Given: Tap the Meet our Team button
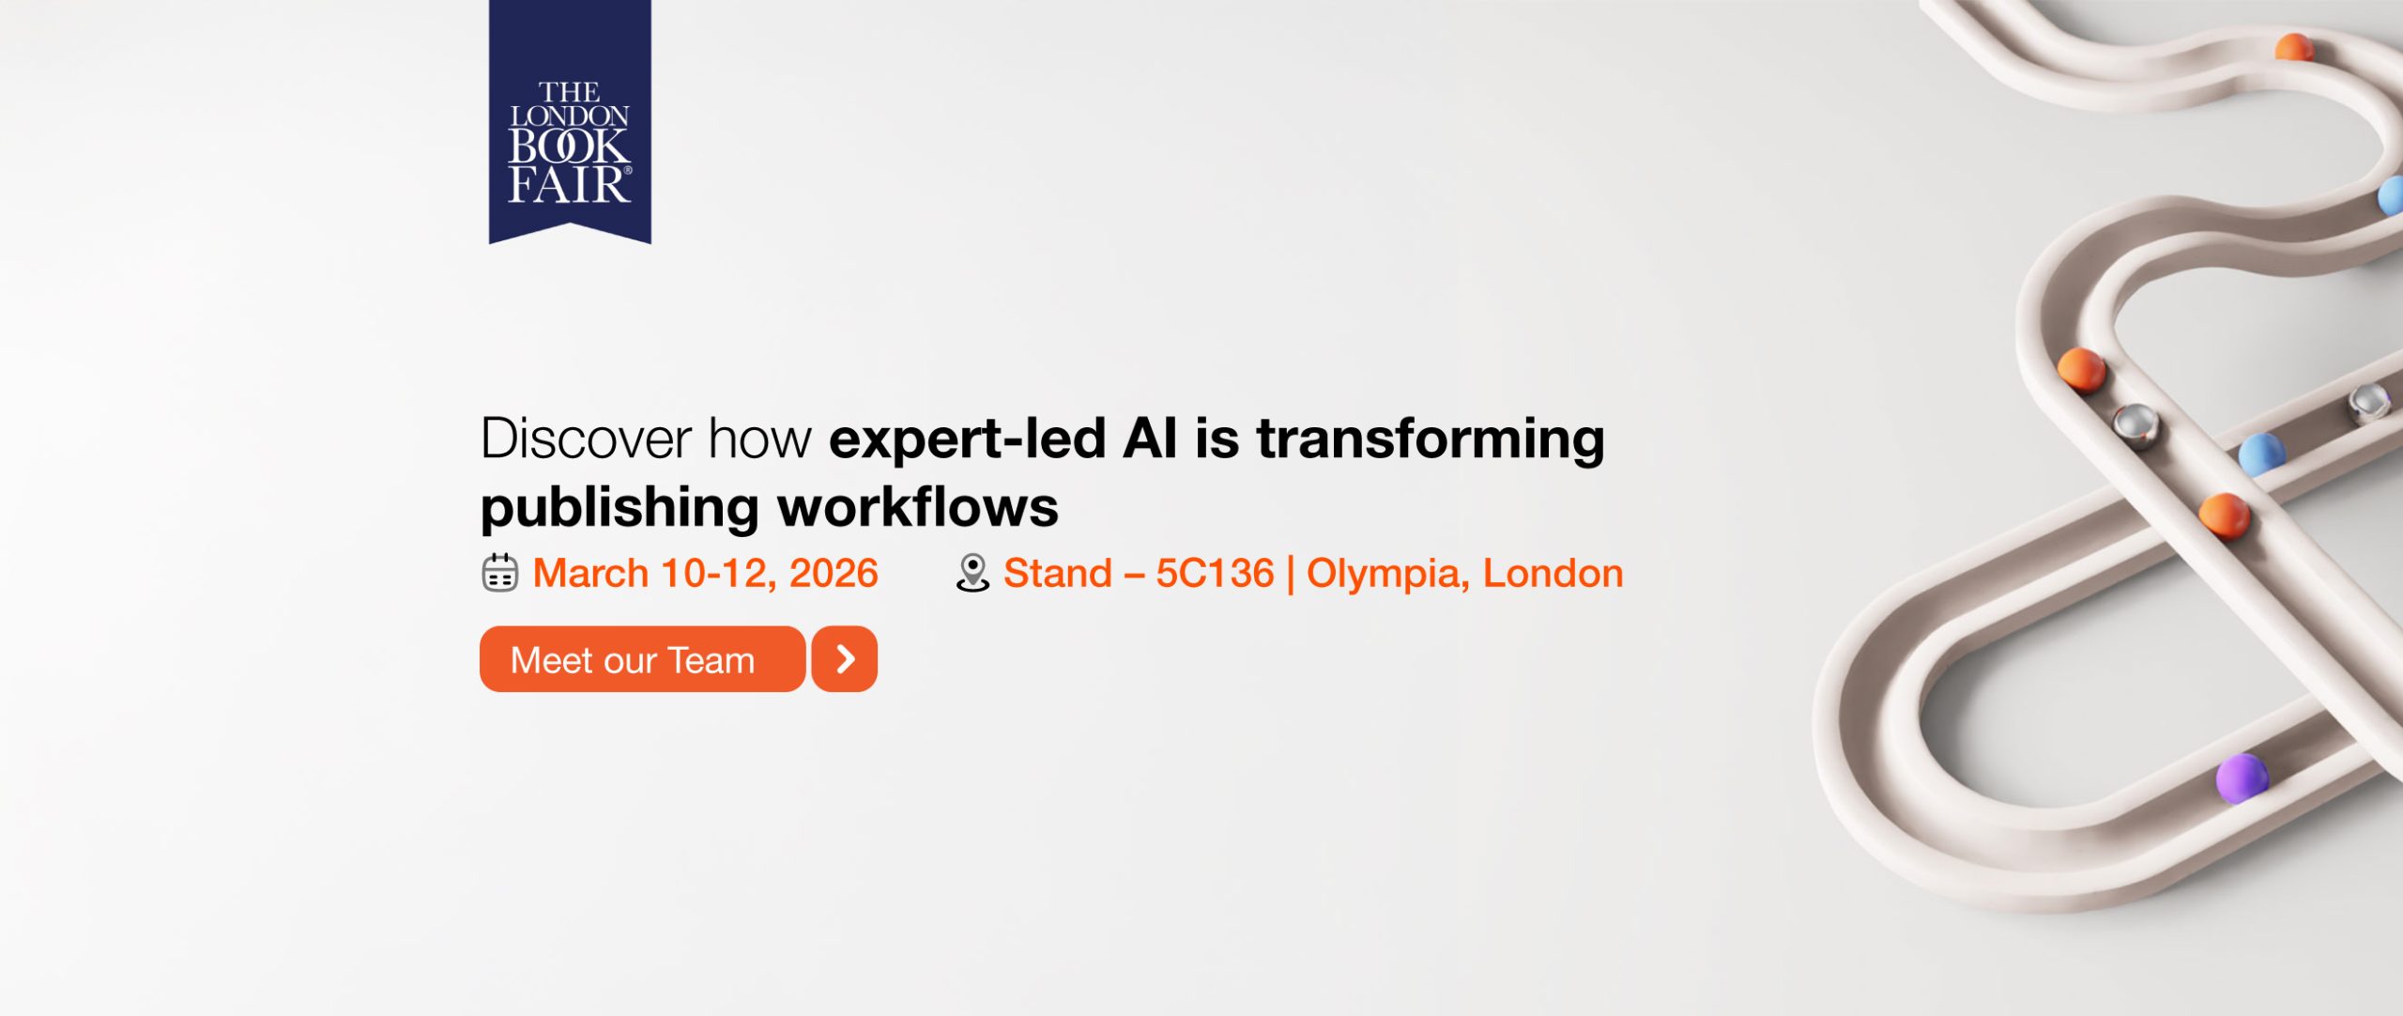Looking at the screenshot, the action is (642, 659).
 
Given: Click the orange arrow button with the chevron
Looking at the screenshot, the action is (845, 659).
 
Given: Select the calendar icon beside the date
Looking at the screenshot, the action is (499, 573).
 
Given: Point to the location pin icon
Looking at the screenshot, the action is (972, 573).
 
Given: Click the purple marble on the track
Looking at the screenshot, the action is (2242, 778).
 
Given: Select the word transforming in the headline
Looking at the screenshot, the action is (1431, 440).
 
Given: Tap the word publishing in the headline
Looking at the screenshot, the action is (620, 509).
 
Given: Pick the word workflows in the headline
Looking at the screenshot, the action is (918, 507).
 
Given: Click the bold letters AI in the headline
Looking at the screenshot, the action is (1150, 439).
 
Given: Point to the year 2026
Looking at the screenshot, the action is (834, 573).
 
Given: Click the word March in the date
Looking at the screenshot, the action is (590, 573).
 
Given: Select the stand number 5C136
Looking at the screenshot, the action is (1215, 573).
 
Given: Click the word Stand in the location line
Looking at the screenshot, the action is (1058, 573).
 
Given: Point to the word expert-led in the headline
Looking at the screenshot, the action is (968, 439).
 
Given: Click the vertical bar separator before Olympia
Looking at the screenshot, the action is (1291, 574).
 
